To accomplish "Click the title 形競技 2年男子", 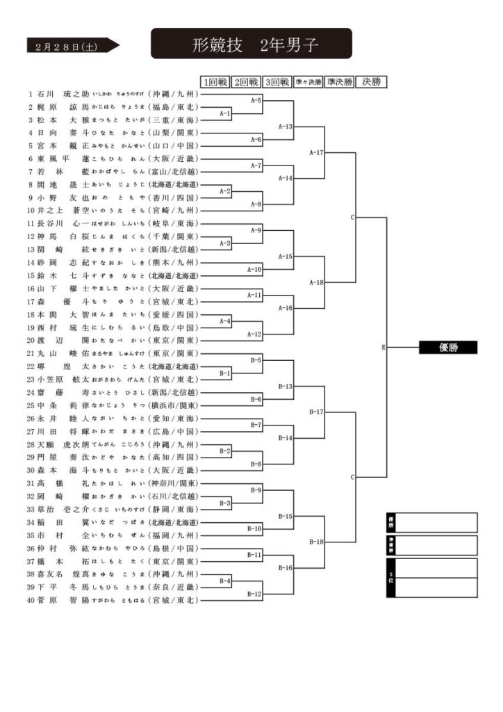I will click(x=251, y=45).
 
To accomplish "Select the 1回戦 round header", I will click(x=215, y=82).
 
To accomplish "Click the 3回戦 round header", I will click(x=277, y=82).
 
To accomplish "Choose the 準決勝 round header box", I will click(x=339, y=82).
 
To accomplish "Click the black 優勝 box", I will click(x=448, y=348).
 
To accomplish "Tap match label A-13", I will click(x=286, y=127).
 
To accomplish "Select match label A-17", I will click(x=316, y=152).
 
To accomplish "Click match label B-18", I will click(x=316, y=542).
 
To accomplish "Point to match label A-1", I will click(x=225, y=113).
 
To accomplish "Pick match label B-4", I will click(x=225, y=581).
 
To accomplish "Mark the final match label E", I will click(x=384, y=347).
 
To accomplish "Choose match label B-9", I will click(x=255, y=490).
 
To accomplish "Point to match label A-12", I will click(x=255, y=334).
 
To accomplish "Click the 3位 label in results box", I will click(x=391, y=577).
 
